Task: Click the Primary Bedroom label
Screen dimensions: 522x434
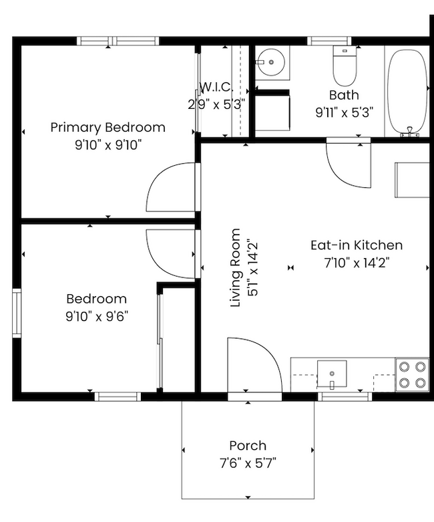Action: click(x=107, y=127)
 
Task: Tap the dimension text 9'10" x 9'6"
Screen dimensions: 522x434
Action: click(x=97, y=315)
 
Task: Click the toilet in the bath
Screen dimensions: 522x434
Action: click(x=345, y=65)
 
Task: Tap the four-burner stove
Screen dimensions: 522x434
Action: click(x=411, y=375)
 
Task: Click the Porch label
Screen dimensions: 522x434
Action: click(x=248, y=445)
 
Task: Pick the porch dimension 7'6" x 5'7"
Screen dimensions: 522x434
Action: click(x=248, y=462)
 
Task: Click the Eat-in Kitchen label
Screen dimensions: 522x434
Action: click(x=357, y=245)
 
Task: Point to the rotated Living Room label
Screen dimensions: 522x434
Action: click(x=235, y=267)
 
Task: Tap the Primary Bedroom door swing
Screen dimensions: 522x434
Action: click(x=170, y=188)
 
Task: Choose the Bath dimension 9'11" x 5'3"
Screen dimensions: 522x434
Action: click(x=344, y=112)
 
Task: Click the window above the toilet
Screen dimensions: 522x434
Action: click(x=329, y=41)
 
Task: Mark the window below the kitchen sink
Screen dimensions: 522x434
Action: click(x=344, y=396)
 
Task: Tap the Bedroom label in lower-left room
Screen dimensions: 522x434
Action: click(x=96, y=299)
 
